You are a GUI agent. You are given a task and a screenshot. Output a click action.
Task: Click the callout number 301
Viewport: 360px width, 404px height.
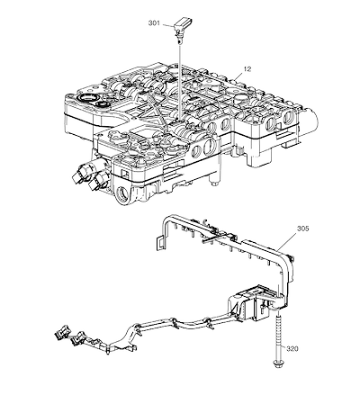[154, 22]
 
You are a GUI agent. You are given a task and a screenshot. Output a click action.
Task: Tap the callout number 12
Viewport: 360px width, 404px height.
[247, 69]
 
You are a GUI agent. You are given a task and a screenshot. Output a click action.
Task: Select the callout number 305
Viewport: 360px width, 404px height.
[302, 229]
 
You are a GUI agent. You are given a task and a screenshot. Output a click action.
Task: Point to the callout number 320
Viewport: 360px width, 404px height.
[292, 348]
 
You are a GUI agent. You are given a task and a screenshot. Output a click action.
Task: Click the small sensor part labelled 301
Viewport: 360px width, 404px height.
[181, 29]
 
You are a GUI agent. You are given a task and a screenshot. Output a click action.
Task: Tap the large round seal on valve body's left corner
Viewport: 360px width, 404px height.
[87, 98]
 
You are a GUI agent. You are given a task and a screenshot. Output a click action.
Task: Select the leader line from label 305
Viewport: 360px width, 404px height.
[287, 242]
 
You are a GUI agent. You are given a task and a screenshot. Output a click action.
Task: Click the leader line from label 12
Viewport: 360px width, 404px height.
[238, 76]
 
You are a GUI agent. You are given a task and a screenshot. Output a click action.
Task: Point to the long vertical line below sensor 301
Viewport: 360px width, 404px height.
[180, 81]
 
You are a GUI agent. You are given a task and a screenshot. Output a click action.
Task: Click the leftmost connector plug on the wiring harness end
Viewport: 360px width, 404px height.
[62, 332]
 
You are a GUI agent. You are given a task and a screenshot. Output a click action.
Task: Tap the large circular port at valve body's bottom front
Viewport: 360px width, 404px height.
[122, 196]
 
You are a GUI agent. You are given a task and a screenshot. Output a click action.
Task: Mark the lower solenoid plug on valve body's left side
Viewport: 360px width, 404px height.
[98, 182]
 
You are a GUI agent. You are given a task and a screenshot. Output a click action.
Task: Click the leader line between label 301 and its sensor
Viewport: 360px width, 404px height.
[167, 25]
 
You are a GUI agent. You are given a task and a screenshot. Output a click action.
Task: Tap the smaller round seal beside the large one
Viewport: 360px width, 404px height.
[103, 104]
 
